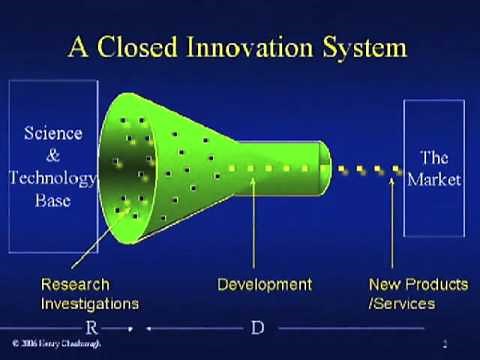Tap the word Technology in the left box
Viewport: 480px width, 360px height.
[53, 178]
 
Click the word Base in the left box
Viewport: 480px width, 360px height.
[53, 200]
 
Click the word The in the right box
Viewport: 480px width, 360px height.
[434, 158]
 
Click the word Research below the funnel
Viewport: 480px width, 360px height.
[75, 285]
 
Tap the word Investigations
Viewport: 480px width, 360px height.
[90, 303]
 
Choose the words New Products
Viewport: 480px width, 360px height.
[418, 285]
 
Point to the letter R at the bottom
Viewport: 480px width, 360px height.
[91, 328]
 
